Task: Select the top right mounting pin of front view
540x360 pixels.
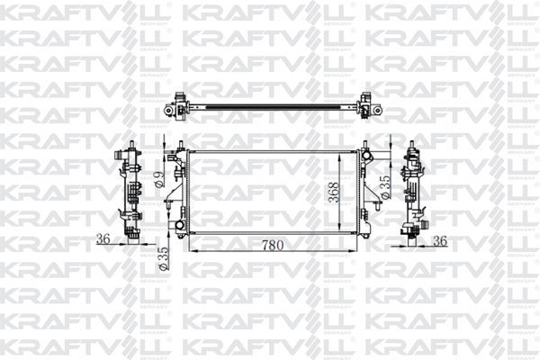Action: (366, 144)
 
